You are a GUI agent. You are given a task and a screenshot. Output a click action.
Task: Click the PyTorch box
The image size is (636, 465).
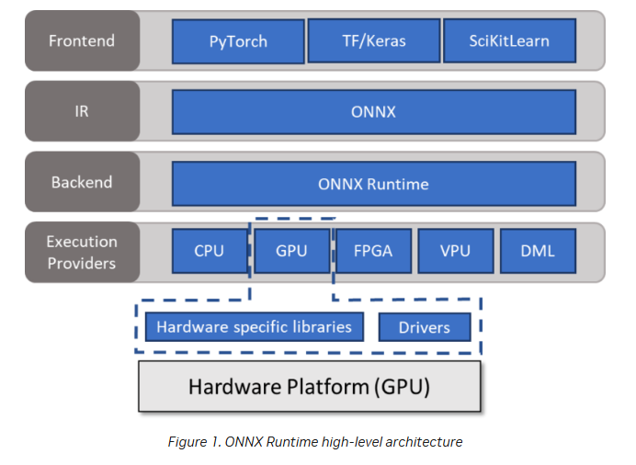point(237,42)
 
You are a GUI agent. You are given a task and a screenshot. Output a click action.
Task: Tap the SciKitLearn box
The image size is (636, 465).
point(509,41)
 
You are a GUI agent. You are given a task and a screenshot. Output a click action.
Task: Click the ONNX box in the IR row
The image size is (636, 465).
point(373,112)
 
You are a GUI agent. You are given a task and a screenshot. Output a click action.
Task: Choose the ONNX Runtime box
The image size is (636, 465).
point(373,183)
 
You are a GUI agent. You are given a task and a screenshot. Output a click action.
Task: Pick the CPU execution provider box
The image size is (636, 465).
point(210,250)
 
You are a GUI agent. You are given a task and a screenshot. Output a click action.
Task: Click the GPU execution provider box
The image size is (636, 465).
point(291,250)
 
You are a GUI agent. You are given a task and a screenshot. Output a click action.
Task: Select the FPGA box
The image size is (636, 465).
point(372,250)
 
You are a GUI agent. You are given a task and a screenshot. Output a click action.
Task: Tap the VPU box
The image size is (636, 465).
point(454,250)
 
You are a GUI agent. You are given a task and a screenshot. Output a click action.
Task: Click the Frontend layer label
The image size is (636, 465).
point(83,41)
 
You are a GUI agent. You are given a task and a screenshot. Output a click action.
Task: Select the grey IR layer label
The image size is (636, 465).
point(83,112)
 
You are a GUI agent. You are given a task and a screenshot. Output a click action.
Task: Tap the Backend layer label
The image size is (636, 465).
point(83,182)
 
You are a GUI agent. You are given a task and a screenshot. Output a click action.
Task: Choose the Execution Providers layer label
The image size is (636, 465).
point(83,252)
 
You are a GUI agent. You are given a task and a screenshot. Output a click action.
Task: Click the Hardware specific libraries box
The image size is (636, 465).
point(254,326)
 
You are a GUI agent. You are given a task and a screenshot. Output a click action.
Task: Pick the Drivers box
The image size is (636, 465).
point(425,327)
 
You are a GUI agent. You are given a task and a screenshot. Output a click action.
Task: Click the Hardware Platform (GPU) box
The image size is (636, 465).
point(309,386)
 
